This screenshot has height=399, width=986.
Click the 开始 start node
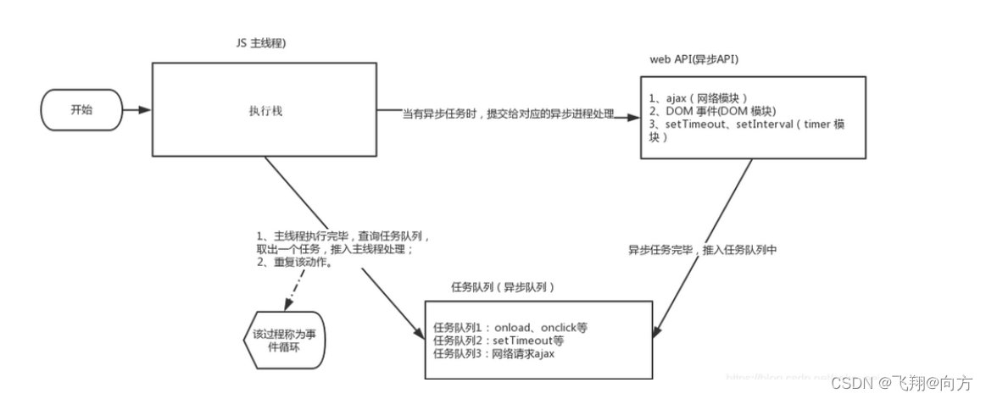[x=81, y=110]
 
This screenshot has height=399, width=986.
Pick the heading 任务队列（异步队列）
[x=503, y=288]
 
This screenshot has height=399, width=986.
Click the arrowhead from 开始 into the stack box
[x=147, y=110]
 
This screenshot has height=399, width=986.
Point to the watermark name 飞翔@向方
[x=933, y=383]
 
